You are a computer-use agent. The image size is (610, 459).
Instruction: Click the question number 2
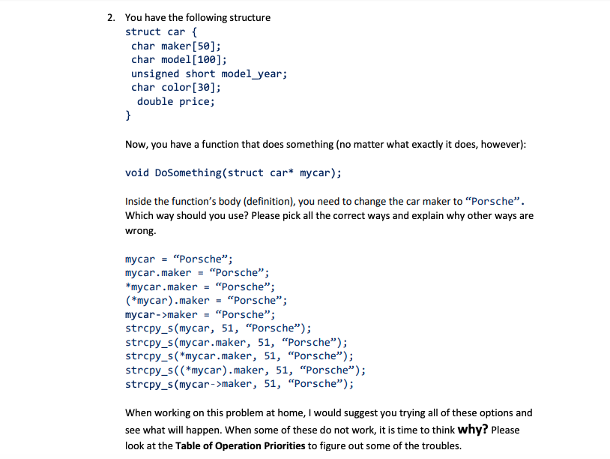(x=110, y=17)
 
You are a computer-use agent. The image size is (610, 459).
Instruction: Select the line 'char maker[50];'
(x=175, y=46)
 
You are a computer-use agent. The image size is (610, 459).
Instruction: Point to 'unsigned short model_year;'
(x=209, y=73)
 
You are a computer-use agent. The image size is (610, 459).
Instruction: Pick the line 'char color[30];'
(x=175, y=87)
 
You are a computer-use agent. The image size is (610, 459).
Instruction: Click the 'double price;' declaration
(x=176, y=101)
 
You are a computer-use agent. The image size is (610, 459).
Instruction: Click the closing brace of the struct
(x=128, y=115)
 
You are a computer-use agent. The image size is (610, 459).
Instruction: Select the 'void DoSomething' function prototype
(x=233, y=172)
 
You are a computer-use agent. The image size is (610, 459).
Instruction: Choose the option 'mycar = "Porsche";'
(x=173, y=259)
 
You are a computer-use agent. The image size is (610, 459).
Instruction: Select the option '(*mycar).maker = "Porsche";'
(x=206, y=301)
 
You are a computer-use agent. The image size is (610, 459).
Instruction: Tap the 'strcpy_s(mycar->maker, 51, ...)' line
(x=239, y=384)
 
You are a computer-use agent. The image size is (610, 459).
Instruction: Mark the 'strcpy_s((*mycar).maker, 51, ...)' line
(x=245, y=370)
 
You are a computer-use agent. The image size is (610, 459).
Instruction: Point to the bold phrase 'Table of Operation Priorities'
(x=241, y=445)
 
